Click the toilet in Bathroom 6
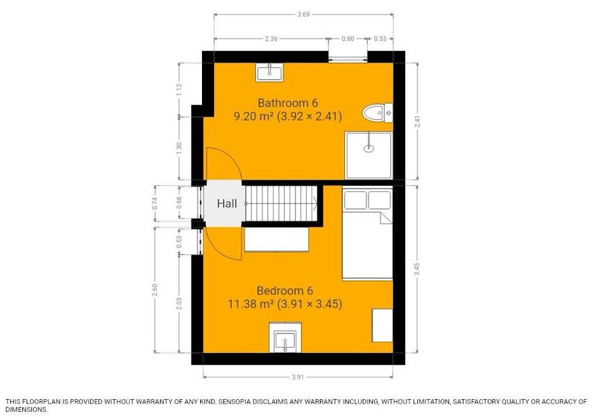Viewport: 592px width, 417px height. coord(377,114)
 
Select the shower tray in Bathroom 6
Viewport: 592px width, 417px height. coord(368,155)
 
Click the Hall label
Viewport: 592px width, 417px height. coord(227,204)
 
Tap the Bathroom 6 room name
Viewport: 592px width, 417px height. coord(287,103)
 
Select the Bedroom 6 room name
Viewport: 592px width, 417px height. coord(285,291)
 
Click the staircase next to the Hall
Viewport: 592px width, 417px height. coord(281,203)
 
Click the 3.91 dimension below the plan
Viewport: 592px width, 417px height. coord(297,377)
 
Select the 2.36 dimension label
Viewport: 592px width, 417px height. coord(271,39)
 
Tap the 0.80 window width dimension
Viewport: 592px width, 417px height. coord(347,39)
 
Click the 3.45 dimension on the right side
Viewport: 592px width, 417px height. coord(417,268)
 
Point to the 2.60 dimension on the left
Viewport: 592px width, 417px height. coord(156,289)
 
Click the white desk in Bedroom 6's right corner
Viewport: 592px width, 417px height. coord(381,324)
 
